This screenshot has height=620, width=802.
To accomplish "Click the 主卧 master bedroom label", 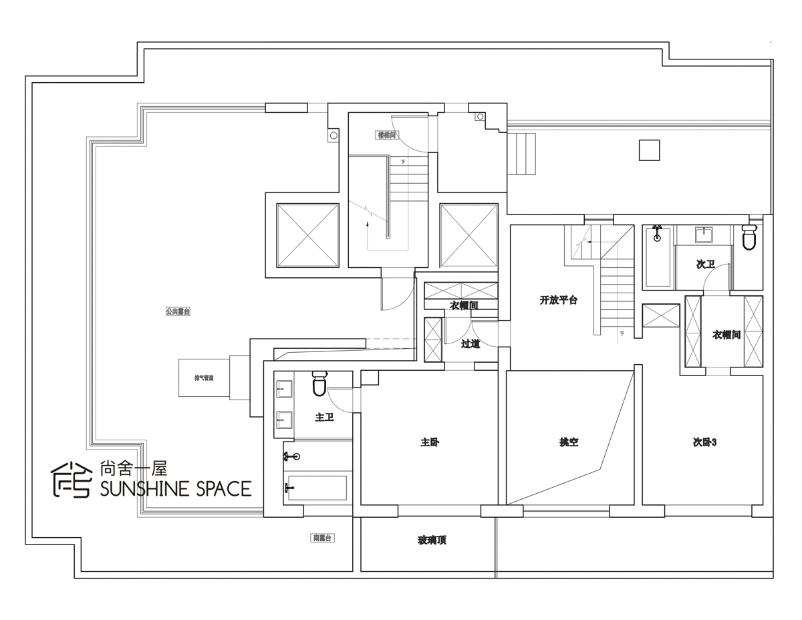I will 430,442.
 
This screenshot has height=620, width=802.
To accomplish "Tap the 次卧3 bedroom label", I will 704,442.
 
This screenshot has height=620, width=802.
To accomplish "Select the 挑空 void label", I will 569,442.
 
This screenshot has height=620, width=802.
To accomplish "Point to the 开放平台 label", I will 558,301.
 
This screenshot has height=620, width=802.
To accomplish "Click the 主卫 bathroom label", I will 324,418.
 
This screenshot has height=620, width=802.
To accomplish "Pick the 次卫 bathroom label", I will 705,265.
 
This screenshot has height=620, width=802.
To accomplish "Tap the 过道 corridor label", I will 471,344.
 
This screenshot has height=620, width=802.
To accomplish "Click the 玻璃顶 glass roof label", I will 432,540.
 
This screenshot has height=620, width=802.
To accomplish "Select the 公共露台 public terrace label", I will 178,311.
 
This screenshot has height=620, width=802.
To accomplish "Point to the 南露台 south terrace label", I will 323,538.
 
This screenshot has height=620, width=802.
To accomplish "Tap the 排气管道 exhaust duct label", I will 204,378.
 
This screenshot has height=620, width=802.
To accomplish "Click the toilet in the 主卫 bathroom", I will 319,383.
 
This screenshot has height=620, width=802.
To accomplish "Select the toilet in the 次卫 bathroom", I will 749,239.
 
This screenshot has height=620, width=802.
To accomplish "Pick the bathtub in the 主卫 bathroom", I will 316,488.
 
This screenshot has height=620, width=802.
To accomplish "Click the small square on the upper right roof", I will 650,150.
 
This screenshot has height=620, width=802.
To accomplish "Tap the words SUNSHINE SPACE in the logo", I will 175,488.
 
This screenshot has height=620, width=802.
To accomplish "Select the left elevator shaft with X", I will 307,235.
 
